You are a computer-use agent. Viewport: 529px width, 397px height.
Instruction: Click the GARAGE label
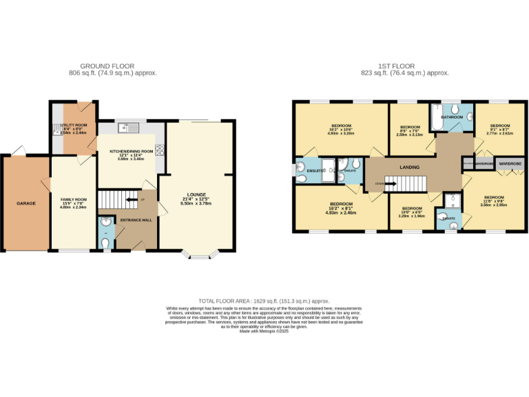click(26, 203)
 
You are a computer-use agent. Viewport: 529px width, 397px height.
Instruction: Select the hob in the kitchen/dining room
click(160, 150)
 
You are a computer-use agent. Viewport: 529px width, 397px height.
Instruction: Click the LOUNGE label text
click(198, 194)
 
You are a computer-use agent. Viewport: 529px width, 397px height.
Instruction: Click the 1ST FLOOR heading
click(404, 66)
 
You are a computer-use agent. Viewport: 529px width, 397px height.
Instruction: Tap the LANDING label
click(409, 167)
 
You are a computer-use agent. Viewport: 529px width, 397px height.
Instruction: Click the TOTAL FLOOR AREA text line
click(264, 301)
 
